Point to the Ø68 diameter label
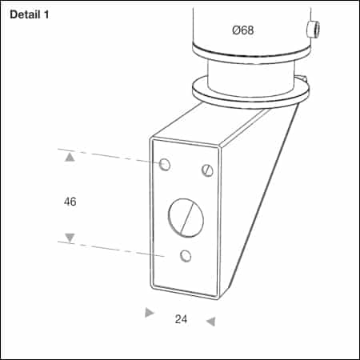coord(243,30)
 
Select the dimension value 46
coord(70,202)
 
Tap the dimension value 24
coord(181,319)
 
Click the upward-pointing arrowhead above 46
coord(70,158)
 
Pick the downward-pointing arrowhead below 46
coord(70,238)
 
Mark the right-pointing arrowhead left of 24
coord(149,313)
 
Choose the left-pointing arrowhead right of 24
coord(210,322)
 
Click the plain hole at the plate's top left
coord(165,165)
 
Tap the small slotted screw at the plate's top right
coord(208,170)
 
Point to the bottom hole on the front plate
coord(186,256)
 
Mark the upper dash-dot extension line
coord(112,155)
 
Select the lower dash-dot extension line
coord(112,247)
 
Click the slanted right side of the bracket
coord(264,200)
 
